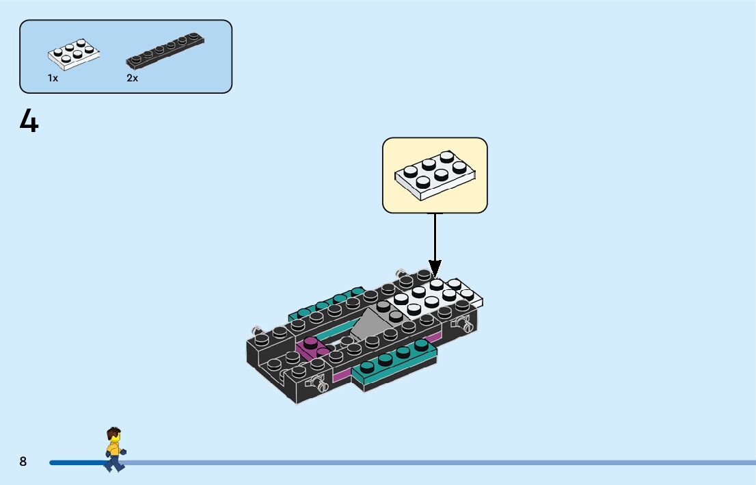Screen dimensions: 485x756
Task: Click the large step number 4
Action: tap(29, 122)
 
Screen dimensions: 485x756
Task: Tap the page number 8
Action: tap(23, 462)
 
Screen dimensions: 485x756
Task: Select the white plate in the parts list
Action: tap(74, 55)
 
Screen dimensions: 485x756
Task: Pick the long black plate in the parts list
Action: tap(165, 52)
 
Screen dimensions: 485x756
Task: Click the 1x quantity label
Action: tap(53, 78)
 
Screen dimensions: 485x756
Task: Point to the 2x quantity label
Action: tap(132, 78)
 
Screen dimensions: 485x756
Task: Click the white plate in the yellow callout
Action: tap(435, 175)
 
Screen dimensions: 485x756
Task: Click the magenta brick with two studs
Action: tap(311, 347)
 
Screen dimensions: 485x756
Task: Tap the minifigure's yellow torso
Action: tap(113, 449)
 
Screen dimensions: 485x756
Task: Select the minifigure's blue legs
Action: tap(114, 464)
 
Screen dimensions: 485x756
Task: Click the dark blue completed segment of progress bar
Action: tap(75, 463)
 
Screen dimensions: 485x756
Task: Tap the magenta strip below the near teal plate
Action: tap(342, 376)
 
